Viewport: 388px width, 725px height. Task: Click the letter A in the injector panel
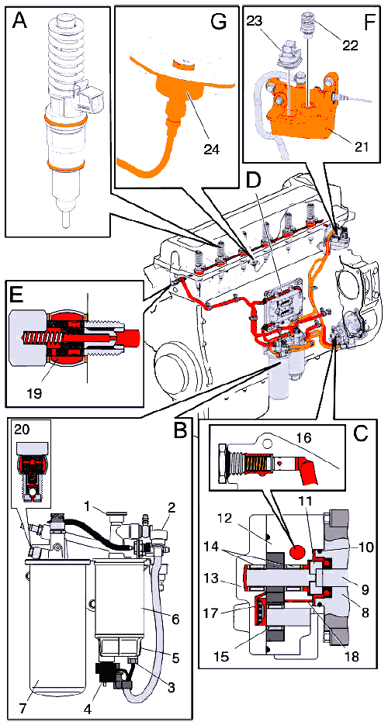(x=21, y=21)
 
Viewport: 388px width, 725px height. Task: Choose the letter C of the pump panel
(x=360, y=433)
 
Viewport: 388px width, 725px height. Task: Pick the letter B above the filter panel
(x=182, y=430)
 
